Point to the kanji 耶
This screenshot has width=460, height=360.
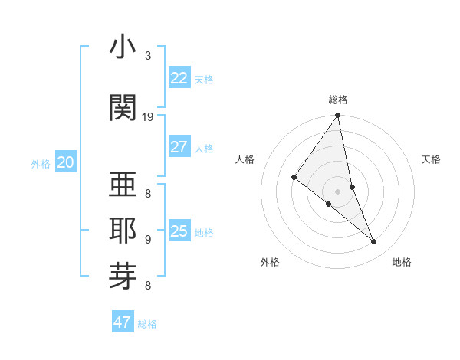[123, 227]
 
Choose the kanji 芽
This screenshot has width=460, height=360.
[123, 273]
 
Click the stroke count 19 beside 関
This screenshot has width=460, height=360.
[148, 117]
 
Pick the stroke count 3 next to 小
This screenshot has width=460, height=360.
[148, 56]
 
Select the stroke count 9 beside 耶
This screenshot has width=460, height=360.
[148, 239]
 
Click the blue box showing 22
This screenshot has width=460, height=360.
[179, 77]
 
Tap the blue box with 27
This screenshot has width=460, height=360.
[179, 147]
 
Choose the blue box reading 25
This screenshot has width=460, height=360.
[179, 231]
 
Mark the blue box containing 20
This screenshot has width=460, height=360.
[66, 162]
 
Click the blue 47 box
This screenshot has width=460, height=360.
[123, 322]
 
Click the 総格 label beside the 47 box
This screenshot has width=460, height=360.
[147, 324]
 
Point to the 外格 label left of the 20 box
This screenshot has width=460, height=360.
[41, 163]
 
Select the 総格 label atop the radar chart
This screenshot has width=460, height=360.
[338, 100]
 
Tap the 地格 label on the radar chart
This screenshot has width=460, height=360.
[402, 262]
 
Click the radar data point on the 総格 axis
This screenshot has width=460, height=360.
[338, 116]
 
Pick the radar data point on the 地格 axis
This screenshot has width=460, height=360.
[374, 242]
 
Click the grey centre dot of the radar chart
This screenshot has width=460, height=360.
[338, 191]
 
